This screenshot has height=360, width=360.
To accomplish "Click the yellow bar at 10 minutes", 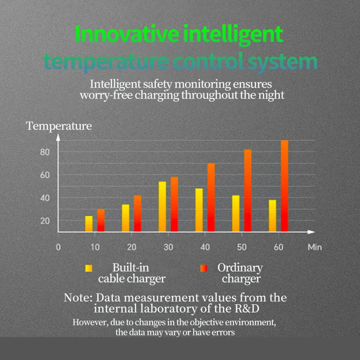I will click(x=89, y=224).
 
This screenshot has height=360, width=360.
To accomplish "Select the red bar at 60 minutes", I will click(x=284, y=186).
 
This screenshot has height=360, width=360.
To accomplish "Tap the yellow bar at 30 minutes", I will click(x=162, y=206).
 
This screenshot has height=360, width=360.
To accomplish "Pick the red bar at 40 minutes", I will click(x=211, y=197).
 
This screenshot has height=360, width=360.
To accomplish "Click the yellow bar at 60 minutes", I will click(x=273, y=215).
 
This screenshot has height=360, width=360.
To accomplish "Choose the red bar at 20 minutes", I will click(x=137, y=213).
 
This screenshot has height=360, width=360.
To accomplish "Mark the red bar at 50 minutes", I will click(x=248, y=190).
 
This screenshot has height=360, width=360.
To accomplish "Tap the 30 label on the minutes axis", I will click(x=168, y=247).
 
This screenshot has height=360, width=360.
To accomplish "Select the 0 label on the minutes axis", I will click(x=58, y=247).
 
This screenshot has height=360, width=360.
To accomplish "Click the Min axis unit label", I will click(x=315, y=247).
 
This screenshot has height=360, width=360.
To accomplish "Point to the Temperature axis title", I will click(x=59, y=125).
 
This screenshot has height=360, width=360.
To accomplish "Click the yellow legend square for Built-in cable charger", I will click(x=89, y=268).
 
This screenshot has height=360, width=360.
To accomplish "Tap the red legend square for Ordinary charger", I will click(x=203, y=268).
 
